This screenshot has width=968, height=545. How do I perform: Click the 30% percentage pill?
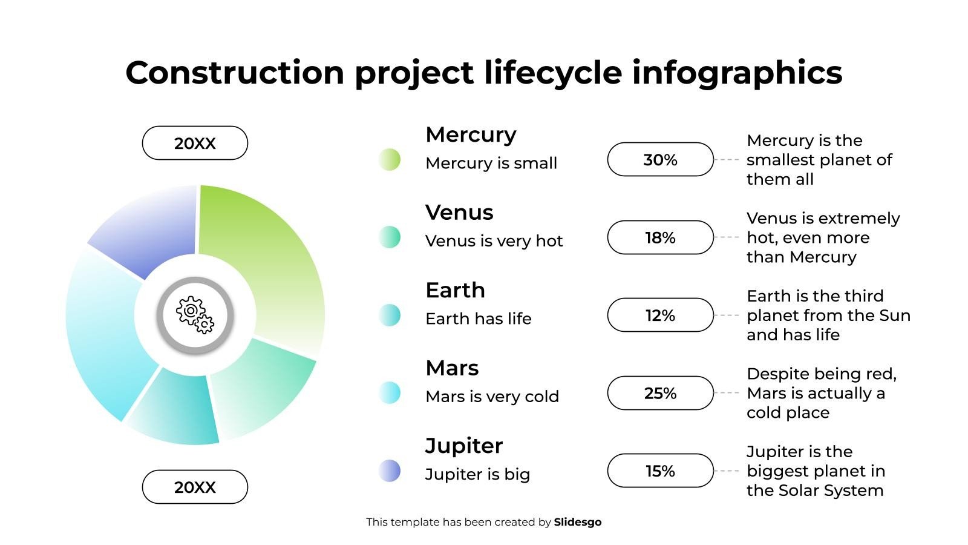[660, 160]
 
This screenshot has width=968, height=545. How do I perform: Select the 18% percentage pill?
[660, 237]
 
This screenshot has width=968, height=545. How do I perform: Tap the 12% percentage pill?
[660, 315]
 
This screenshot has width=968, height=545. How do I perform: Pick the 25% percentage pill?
[660, 393]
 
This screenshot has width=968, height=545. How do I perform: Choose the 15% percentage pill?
[660, 471]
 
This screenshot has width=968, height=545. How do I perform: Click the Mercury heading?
[471, 136]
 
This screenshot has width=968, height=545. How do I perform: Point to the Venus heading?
[459, 213]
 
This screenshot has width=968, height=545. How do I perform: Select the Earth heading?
[456, 290]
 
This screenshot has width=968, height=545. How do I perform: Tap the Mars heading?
[452, 368]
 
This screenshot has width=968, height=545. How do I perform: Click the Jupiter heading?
[464, 446]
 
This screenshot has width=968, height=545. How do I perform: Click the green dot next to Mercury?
[390, 160]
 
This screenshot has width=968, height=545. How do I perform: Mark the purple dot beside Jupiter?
[390, 471]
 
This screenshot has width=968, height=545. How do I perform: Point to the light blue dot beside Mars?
[390, 393]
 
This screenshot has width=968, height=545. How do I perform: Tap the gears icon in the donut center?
[195, 315]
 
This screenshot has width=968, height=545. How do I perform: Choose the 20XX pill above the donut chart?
[195, 143]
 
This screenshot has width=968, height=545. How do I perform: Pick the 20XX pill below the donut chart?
[195, 487]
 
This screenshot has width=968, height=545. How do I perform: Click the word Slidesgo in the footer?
[578, 522]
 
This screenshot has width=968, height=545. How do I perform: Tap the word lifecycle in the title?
[553, 73]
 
